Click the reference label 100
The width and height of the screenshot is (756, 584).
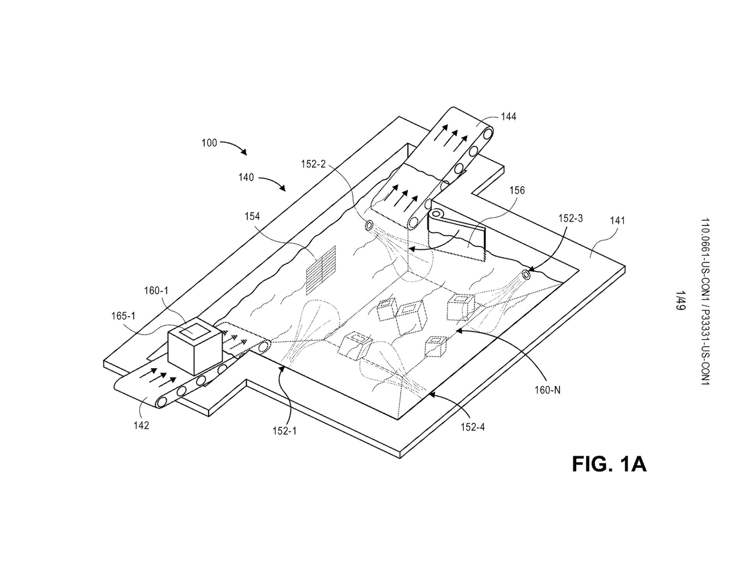click(x=209, y=143)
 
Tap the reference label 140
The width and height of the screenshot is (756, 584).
click(x=246, y=178)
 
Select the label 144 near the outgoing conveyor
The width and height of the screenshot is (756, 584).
click(x=508, y=117)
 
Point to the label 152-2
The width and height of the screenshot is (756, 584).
click(x=313, y=164)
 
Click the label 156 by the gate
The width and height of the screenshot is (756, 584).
click(x=517, y=191)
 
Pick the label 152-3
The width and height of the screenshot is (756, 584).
click(x=570, y=219)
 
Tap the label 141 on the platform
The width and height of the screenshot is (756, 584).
click(x=617, y=221)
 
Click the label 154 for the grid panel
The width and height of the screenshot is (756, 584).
click(x=252, y=216)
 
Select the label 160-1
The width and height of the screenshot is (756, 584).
click(x=156, y=291)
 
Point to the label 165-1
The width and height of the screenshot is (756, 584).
click(x=123, y=316)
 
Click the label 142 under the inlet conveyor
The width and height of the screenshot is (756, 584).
click(x=141, y=425)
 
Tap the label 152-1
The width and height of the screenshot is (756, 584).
click(x=284, y=431)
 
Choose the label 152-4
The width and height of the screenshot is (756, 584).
click(x=472, y=427)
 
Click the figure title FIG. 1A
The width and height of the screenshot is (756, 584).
click(x=609, y=464)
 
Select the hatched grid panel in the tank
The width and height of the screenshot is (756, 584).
click(x=321, y=270)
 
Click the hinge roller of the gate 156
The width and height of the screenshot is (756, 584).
click(x=436, y=215)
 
